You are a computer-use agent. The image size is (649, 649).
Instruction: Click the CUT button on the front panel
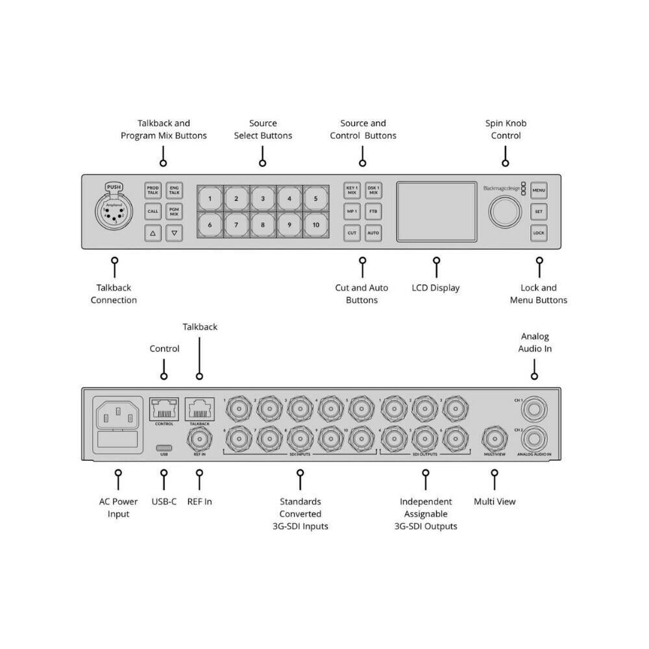[352, 232]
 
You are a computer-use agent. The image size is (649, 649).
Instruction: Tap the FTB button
[373, 212]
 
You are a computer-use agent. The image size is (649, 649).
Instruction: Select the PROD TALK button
[153, 190]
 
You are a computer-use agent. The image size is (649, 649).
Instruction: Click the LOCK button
[539, 232]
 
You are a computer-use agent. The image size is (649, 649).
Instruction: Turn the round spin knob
[506, 212]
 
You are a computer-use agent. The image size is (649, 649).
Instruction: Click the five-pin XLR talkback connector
[114, 212]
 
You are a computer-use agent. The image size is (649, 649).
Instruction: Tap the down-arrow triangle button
[174, 232]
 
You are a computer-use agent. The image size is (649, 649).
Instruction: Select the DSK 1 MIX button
[373, 190]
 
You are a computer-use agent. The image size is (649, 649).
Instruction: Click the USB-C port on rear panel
[164, 448]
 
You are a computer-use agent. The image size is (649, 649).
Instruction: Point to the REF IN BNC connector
[199, 439]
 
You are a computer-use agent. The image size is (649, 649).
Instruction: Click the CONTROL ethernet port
[164, 410]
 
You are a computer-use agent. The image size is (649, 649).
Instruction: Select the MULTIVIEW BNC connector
[495, 439]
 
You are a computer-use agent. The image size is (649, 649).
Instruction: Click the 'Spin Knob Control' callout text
[506, 129]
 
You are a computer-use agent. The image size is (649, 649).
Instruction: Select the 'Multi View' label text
[495, 501]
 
